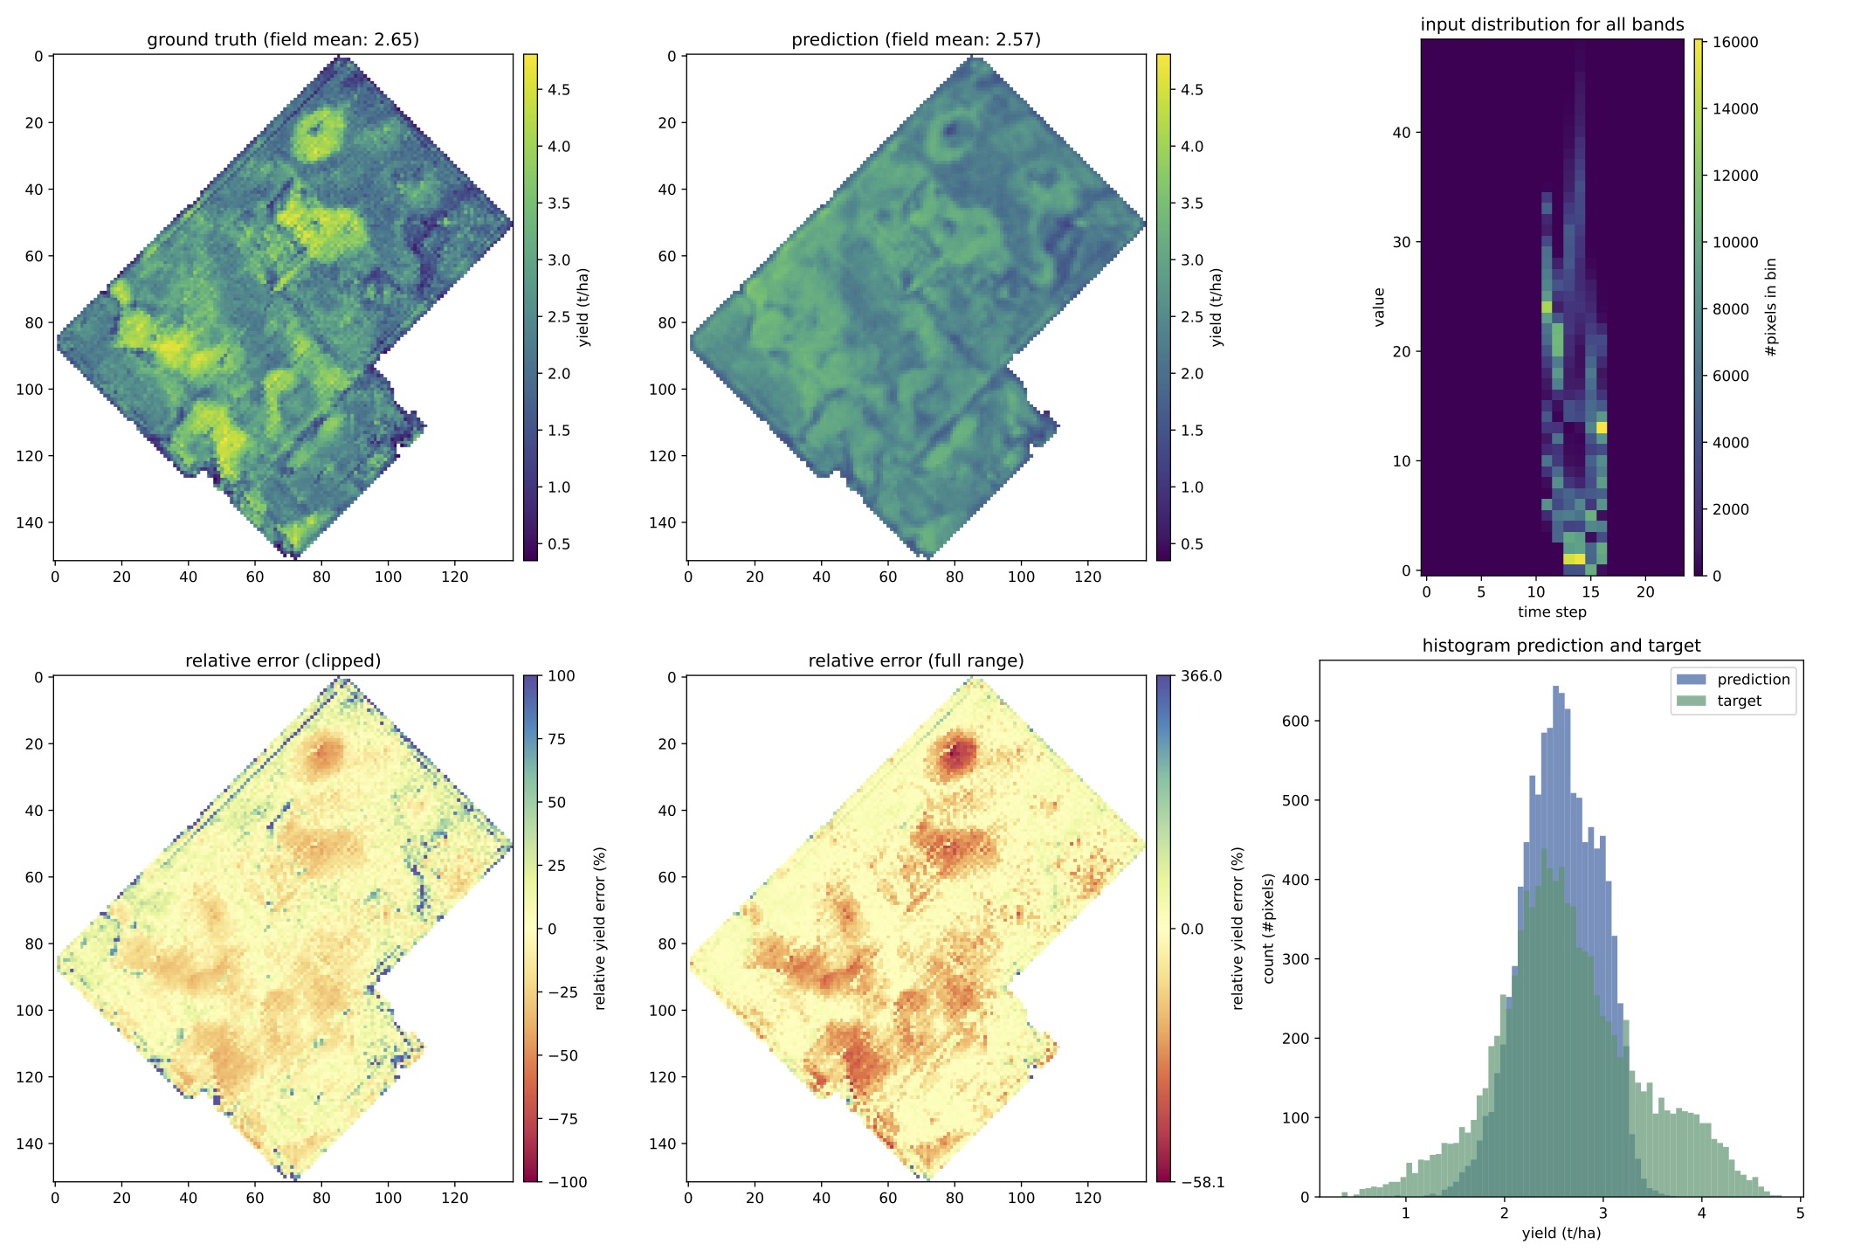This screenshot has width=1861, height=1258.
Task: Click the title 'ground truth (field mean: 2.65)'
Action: (283, 40)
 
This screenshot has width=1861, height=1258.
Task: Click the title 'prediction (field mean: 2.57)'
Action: (916, 40)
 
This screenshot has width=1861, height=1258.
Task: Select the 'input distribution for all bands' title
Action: (1552, 24)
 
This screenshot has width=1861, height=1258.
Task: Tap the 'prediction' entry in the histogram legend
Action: (1753, 680)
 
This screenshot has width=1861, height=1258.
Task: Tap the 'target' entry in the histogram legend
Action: (1739, 701)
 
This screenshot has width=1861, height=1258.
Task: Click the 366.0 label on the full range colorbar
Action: (1201, 676)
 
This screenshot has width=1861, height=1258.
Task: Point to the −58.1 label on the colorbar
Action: (1203, 1183)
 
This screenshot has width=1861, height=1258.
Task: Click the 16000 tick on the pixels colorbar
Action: (1734, 43)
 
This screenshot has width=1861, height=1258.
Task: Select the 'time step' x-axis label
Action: (1552, 612)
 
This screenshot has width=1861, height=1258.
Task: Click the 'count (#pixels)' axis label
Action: (1269, 928)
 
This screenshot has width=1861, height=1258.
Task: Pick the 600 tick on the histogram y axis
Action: (1295, 721)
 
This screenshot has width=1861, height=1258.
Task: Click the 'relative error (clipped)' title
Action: (283, 661)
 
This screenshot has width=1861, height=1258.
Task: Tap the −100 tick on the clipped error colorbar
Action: (567, 1183)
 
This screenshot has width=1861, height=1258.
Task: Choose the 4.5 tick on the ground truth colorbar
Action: (559, 90)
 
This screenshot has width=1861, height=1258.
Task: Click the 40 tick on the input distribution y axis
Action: (1401, 133)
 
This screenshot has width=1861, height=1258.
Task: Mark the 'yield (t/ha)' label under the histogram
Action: (1561, 1233)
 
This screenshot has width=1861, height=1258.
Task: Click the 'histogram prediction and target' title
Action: (1561, 646)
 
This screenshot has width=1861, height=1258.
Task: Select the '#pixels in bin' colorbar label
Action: (1771, 308)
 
